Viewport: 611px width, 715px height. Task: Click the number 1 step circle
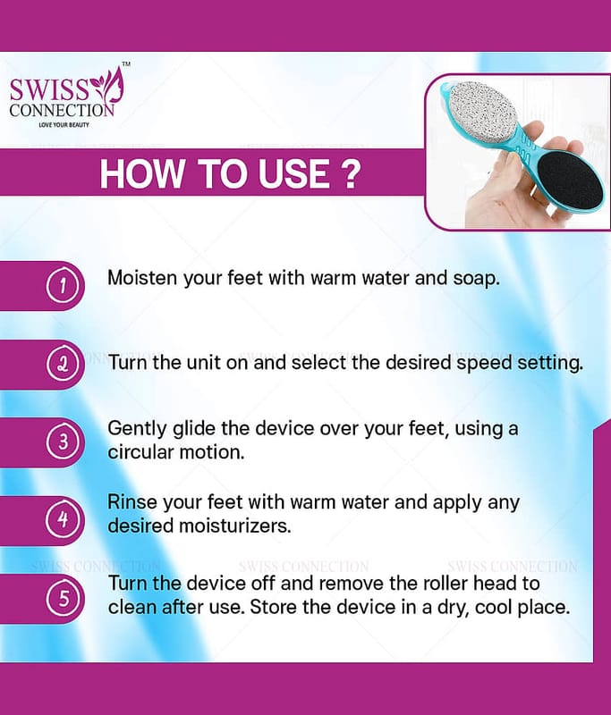click(63, 286)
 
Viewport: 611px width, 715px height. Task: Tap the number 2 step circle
click(63, 364)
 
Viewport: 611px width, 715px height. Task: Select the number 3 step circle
click(63, 442)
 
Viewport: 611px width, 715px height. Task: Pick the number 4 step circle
click(63, 519)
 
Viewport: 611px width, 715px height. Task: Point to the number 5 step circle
click(63, 598)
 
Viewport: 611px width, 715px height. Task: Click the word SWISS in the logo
click(49, 90)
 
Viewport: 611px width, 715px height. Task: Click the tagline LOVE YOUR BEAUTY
click(64, 124)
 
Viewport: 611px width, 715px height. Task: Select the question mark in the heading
click(351, 173)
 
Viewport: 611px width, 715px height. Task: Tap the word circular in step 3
click(140, 452)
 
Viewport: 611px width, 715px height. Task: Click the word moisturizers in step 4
click(234, 526)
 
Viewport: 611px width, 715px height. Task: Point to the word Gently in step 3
click(137, 429)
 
